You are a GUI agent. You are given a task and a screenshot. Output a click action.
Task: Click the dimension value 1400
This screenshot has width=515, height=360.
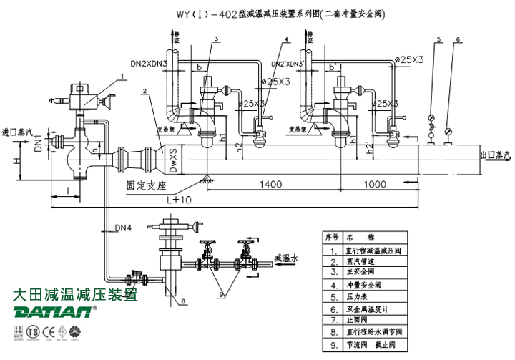click(x=272, y=185)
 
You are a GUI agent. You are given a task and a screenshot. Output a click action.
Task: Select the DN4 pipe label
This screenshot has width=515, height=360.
click(x=124, y=228)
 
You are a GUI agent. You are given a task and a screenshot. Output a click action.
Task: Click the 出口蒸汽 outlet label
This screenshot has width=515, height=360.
click(x=495, y=155)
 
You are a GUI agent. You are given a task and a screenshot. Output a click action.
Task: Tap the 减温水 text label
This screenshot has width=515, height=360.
click(x=288, y=256)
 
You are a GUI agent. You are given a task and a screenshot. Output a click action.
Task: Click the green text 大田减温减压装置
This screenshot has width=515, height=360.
click(x=75, y=294)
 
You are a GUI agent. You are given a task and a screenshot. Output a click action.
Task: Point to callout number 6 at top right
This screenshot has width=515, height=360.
click(x=458, y=39)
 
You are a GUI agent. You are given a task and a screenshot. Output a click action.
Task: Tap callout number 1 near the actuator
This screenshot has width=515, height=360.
click(x=122, y=75)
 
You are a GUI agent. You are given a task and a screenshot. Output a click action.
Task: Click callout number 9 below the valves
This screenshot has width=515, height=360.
click(x=222, y=293)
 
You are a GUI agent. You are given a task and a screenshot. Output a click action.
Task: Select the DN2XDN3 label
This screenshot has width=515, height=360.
click(x=149, y=64)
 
